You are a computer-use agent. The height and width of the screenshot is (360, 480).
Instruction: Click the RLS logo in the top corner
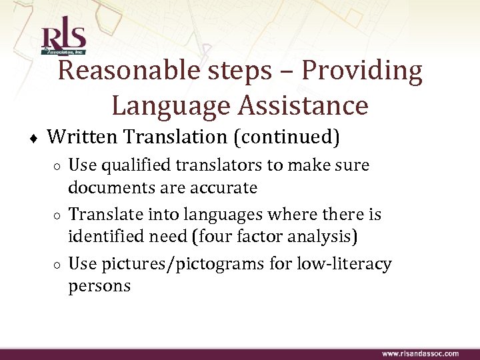pos(63,40)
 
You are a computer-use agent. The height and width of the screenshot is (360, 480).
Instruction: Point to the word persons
pos(99,287)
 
